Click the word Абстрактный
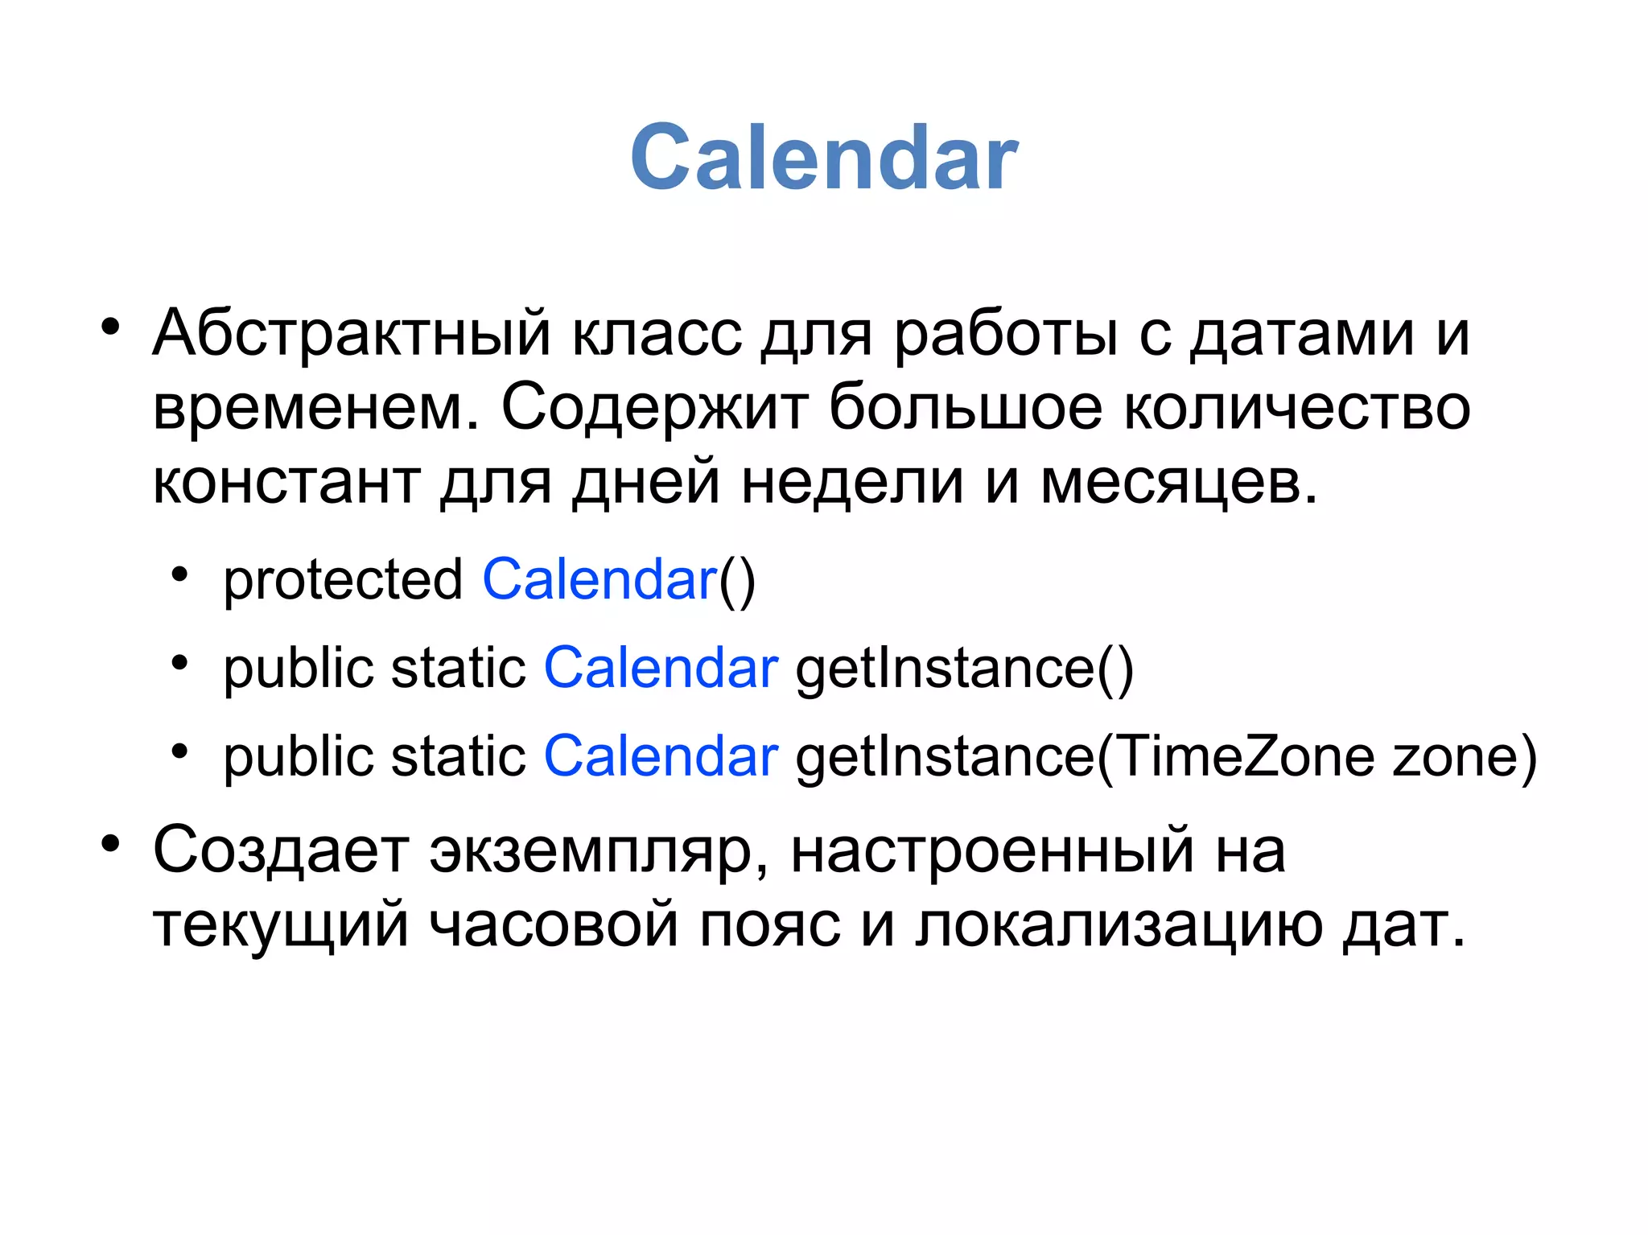352,332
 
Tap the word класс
657,332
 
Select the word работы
1005,332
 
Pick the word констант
286,482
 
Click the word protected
343,579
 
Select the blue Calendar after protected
599,579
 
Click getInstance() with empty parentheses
964,669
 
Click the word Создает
281,850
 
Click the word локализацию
1119,925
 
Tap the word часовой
554,925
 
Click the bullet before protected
179,575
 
